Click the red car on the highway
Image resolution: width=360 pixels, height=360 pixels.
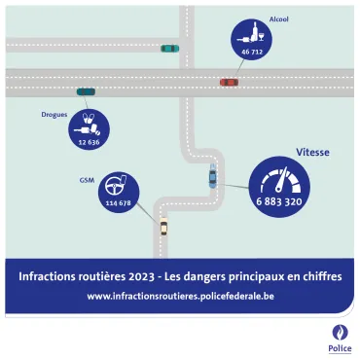229,83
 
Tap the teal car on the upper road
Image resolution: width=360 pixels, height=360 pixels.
169,48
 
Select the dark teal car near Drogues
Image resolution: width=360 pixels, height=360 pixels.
86,91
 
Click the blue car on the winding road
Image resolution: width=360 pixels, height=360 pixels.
212,177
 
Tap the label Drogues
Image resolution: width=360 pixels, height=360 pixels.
54,115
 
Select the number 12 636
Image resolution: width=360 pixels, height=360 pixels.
90,142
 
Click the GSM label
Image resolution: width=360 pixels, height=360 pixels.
87,180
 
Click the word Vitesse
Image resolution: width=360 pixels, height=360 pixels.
311,153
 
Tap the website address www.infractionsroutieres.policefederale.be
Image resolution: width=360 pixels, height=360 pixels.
180,296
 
